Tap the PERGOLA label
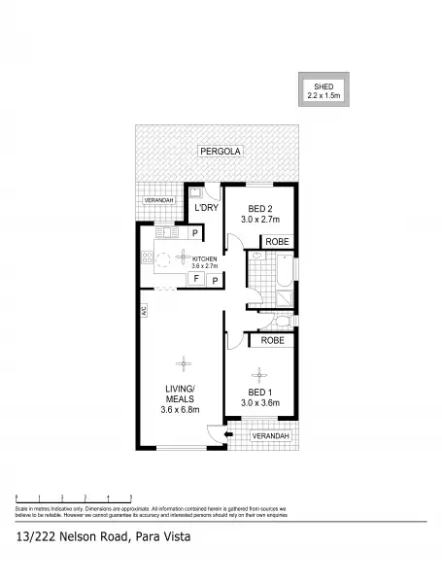click(x=220, y=152)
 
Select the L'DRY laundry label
click(x=205, y=208)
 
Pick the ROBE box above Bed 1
click(x=273, y=340)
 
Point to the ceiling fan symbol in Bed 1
click(x=259, y=371)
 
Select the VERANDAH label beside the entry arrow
click(x=270, y=437)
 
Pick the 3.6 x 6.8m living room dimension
click(x=180, y=409)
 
